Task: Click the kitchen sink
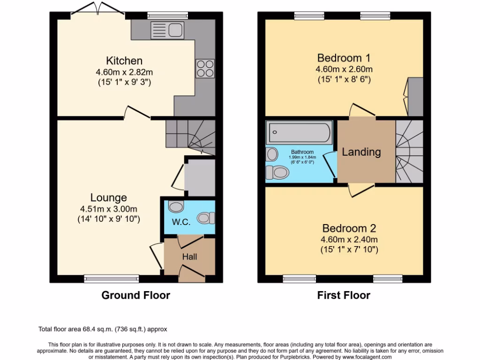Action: (x=167, y=30)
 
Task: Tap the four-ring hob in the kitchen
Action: (x=204, y=68)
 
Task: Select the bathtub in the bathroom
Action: (x=299, y=133)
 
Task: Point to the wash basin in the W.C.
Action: (x=175, y=207)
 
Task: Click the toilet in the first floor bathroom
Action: (x=277, y=172)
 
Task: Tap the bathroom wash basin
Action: (x=271, y=154)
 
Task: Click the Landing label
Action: (x=361, y=152)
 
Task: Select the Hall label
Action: (x=189, y=256)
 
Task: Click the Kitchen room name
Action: (x=124, y=61)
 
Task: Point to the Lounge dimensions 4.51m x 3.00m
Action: (x=109, y=209)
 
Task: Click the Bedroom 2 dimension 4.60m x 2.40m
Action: (x=349, y=240)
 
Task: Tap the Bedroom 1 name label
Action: (x=344, y=58)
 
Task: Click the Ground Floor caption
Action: (x=136, y=295)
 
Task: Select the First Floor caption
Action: (x=344, y=295)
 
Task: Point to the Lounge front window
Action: (x=112, y=279)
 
